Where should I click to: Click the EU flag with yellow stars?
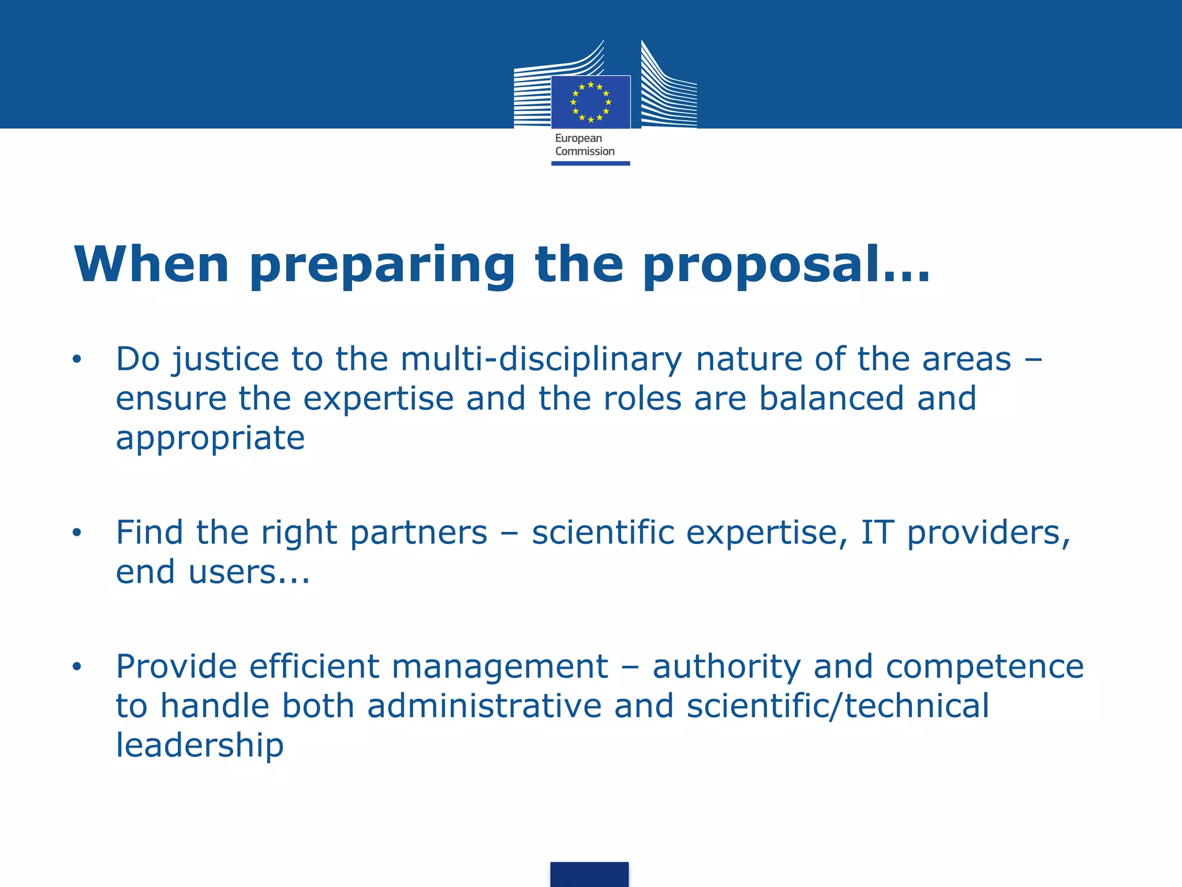(590, 102)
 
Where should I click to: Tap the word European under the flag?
(578, 138)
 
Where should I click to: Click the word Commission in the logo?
(585, 151)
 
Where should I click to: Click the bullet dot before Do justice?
(77, 360)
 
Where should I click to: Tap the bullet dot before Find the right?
(77, 533)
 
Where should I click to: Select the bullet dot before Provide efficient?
(77, 667)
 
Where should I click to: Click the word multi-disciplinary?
(541, 360)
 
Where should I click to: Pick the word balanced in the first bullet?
(831, 398)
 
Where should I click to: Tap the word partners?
(418, 532)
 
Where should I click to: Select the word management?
(500, 667)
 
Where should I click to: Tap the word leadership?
(200, 746)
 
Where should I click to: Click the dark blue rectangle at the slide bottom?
(589, 874)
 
